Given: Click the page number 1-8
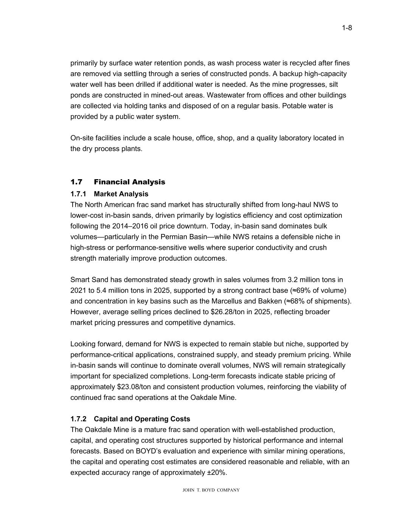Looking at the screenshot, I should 347,28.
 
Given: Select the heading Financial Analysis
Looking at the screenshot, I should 129,182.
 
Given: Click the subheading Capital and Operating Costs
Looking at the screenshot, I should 142,419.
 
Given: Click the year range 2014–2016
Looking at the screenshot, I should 129,226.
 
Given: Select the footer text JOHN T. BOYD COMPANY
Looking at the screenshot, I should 211,490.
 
